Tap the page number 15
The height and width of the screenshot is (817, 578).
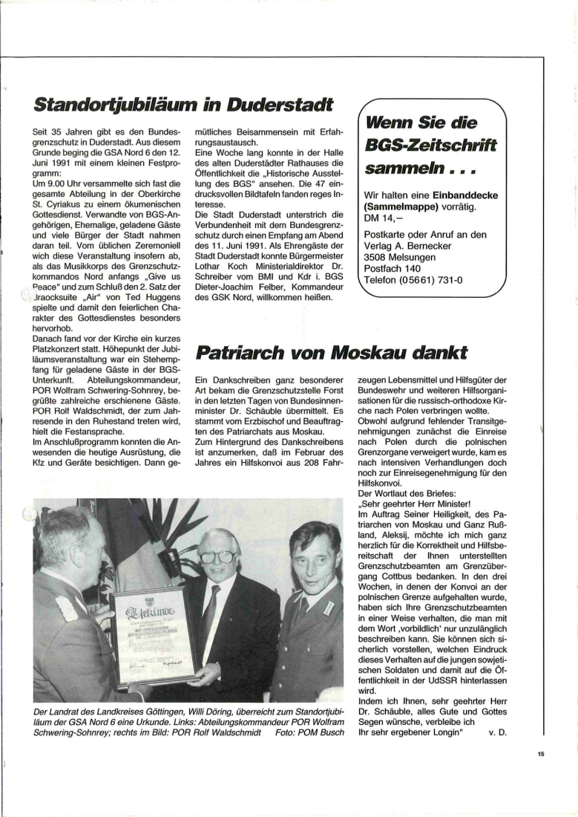coord(541,754)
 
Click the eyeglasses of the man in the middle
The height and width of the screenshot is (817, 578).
coord(217,556)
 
